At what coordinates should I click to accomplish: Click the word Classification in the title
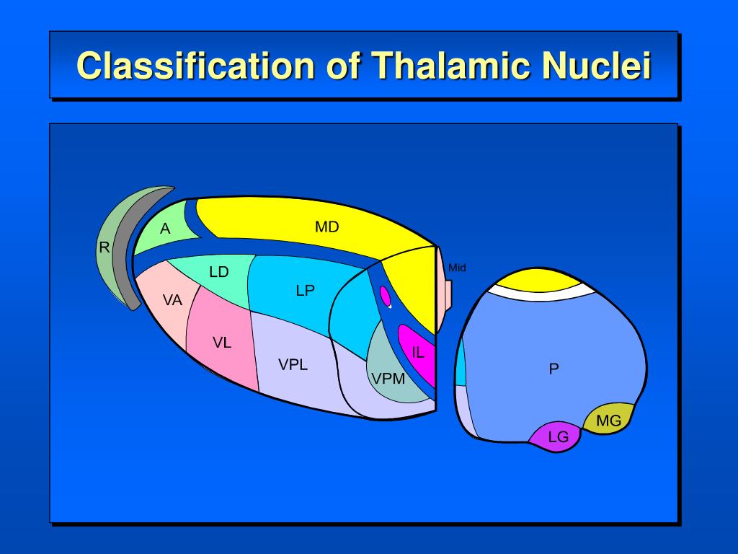(x=195, y=66)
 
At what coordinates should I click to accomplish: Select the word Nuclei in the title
(x=597, y=66)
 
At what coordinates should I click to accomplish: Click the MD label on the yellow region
(x=326, y=227)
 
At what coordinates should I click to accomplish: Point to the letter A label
(x=165, y=229)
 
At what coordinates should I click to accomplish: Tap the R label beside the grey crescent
(x=104, y=248)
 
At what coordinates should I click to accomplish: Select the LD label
(x=218, y=272)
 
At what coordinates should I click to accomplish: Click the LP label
(x=305, y=291)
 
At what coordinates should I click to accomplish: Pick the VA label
(x=172, y=300)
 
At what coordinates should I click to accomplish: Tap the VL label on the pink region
(x=222, y=343)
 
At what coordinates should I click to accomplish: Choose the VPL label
(x=293, y=364)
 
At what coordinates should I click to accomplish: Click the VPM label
(x=388, y=378)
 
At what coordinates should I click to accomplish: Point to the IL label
(x=418, y=353)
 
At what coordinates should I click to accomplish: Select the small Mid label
(x=457, y=268)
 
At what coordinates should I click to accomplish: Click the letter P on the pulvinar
(x=553, y=369)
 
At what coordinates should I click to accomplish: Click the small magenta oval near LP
(x=386, y=295)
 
